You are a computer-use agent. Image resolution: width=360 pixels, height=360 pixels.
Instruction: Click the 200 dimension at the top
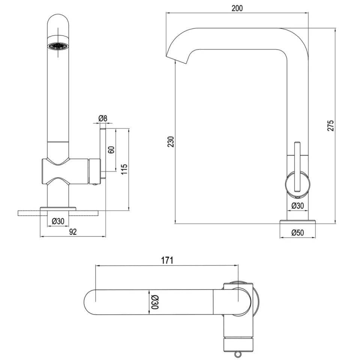click(237, 8)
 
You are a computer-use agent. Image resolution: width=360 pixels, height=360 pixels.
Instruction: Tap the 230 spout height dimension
click(171, 142)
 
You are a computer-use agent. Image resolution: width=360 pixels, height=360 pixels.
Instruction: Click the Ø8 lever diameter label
click(103, 118)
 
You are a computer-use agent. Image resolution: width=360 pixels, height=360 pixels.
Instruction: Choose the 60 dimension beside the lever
click(111, 150)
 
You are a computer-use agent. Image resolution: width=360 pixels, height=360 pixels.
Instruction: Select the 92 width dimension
click(73, 232)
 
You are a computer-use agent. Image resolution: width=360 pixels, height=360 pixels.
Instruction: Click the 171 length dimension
click(167, 260)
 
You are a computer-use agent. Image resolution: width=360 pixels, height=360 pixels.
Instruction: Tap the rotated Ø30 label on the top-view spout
click(154, 302)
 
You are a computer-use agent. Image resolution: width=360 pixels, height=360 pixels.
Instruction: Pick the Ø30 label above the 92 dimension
click(58, 221)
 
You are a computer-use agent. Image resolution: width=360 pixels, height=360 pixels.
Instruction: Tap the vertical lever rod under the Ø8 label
click(103, 150)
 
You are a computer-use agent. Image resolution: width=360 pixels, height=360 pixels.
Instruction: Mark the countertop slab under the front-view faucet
click(58, 213)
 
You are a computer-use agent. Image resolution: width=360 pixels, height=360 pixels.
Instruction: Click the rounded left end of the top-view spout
click(90, 302)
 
